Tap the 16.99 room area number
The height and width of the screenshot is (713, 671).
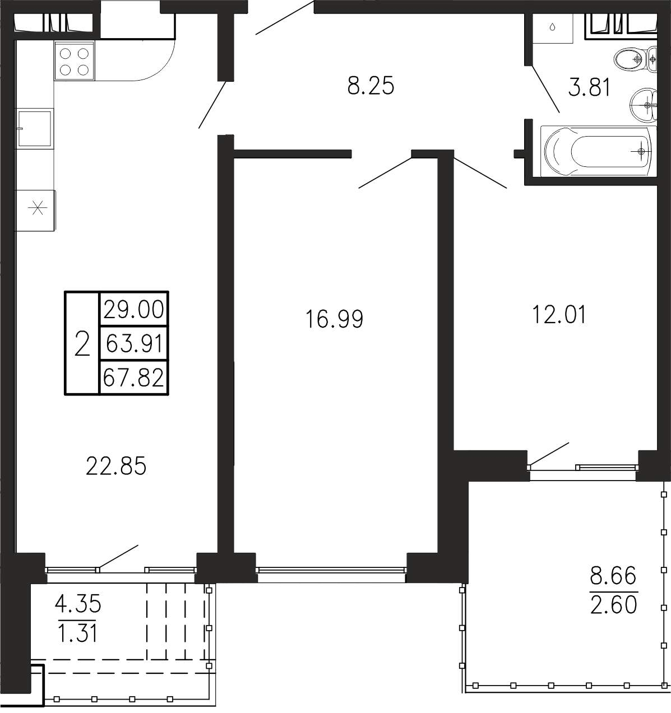click(334, 319)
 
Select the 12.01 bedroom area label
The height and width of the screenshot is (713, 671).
click(559, 314)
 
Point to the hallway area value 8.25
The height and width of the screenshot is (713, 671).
click(371, 86)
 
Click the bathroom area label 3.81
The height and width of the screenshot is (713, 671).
click(589, 87)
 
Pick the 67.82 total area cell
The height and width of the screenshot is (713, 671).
click(134, 378)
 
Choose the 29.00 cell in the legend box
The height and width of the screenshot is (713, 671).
click(134, 309)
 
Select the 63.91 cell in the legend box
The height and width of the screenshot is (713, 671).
click(134, 343)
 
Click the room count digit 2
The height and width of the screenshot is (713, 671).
click(82, 343)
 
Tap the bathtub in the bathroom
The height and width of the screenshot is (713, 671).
click(598, 151)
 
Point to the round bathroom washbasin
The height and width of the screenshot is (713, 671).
click(644, 105)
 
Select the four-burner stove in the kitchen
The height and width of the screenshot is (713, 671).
click(75, 60)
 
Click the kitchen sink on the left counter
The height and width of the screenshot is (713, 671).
click(35, 128)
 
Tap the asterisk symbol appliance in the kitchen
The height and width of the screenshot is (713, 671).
click(36, 208)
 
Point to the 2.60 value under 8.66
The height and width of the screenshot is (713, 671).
click(613, 604)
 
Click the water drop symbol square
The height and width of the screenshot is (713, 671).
click(552, 28)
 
